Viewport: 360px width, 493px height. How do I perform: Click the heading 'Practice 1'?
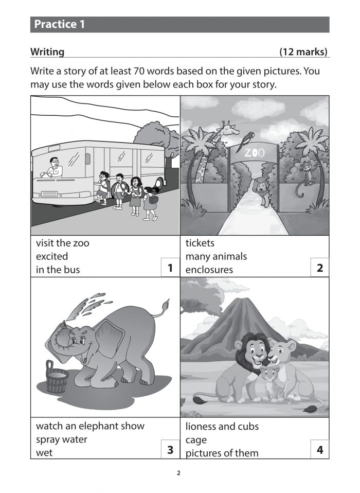click(x=60, y=24)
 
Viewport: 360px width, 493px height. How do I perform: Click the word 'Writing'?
click(x=47, y=52)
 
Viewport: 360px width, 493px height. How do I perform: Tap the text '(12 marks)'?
click(x=303, y=52)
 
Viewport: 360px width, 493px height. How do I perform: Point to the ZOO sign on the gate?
click(x=254, y=153)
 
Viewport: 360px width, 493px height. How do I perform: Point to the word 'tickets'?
click(x=200, y=243)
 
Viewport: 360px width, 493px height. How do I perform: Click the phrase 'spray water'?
click(x=62, y=439)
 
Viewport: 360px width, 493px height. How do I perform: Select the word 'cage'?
click(x=196, y=440)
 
